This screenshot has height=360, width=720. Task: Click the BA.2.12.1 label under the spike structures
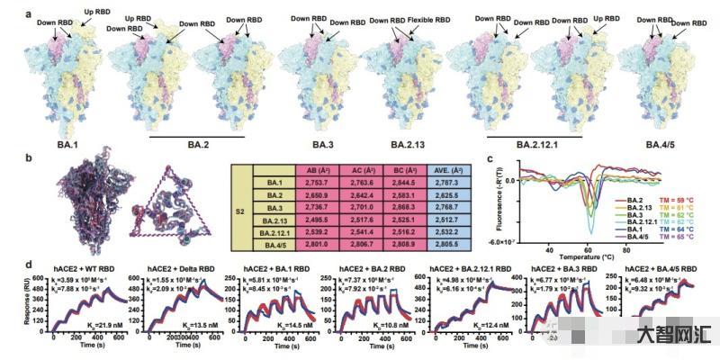[532, 143]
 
